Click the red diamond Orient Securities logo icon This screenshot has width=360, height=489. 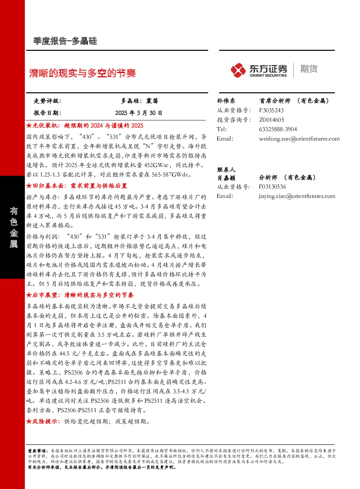238,70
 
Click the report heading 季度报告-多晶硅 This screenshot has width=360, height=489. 65,41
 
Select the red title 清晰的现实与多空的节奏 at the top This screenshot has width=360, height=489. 82,73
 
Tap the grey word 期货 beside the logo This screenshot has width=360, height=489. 309,69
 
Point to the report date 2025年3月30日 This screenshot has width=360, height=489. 139,113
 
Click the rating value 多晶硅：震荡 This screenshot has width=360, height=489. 140,101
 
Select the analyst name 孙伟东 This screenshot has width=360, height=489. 226,101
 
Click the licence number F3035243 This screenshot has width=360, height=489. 271,110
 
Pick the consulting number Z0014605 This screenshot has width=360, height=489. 271,120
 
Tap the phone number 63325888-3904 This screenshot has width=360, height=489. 278,129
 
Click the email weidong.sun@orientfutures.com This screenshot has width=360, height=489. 299,139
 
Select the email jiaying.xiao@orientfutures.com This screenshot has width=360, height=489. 297,196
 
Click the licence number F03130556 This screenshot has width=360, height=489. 272,187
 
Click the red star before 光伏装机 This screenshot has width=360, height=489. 29,126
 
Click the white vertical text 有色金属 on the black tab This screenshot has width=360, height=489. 13,227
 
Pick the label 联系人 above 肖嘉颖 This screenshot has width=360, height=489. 226,170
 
